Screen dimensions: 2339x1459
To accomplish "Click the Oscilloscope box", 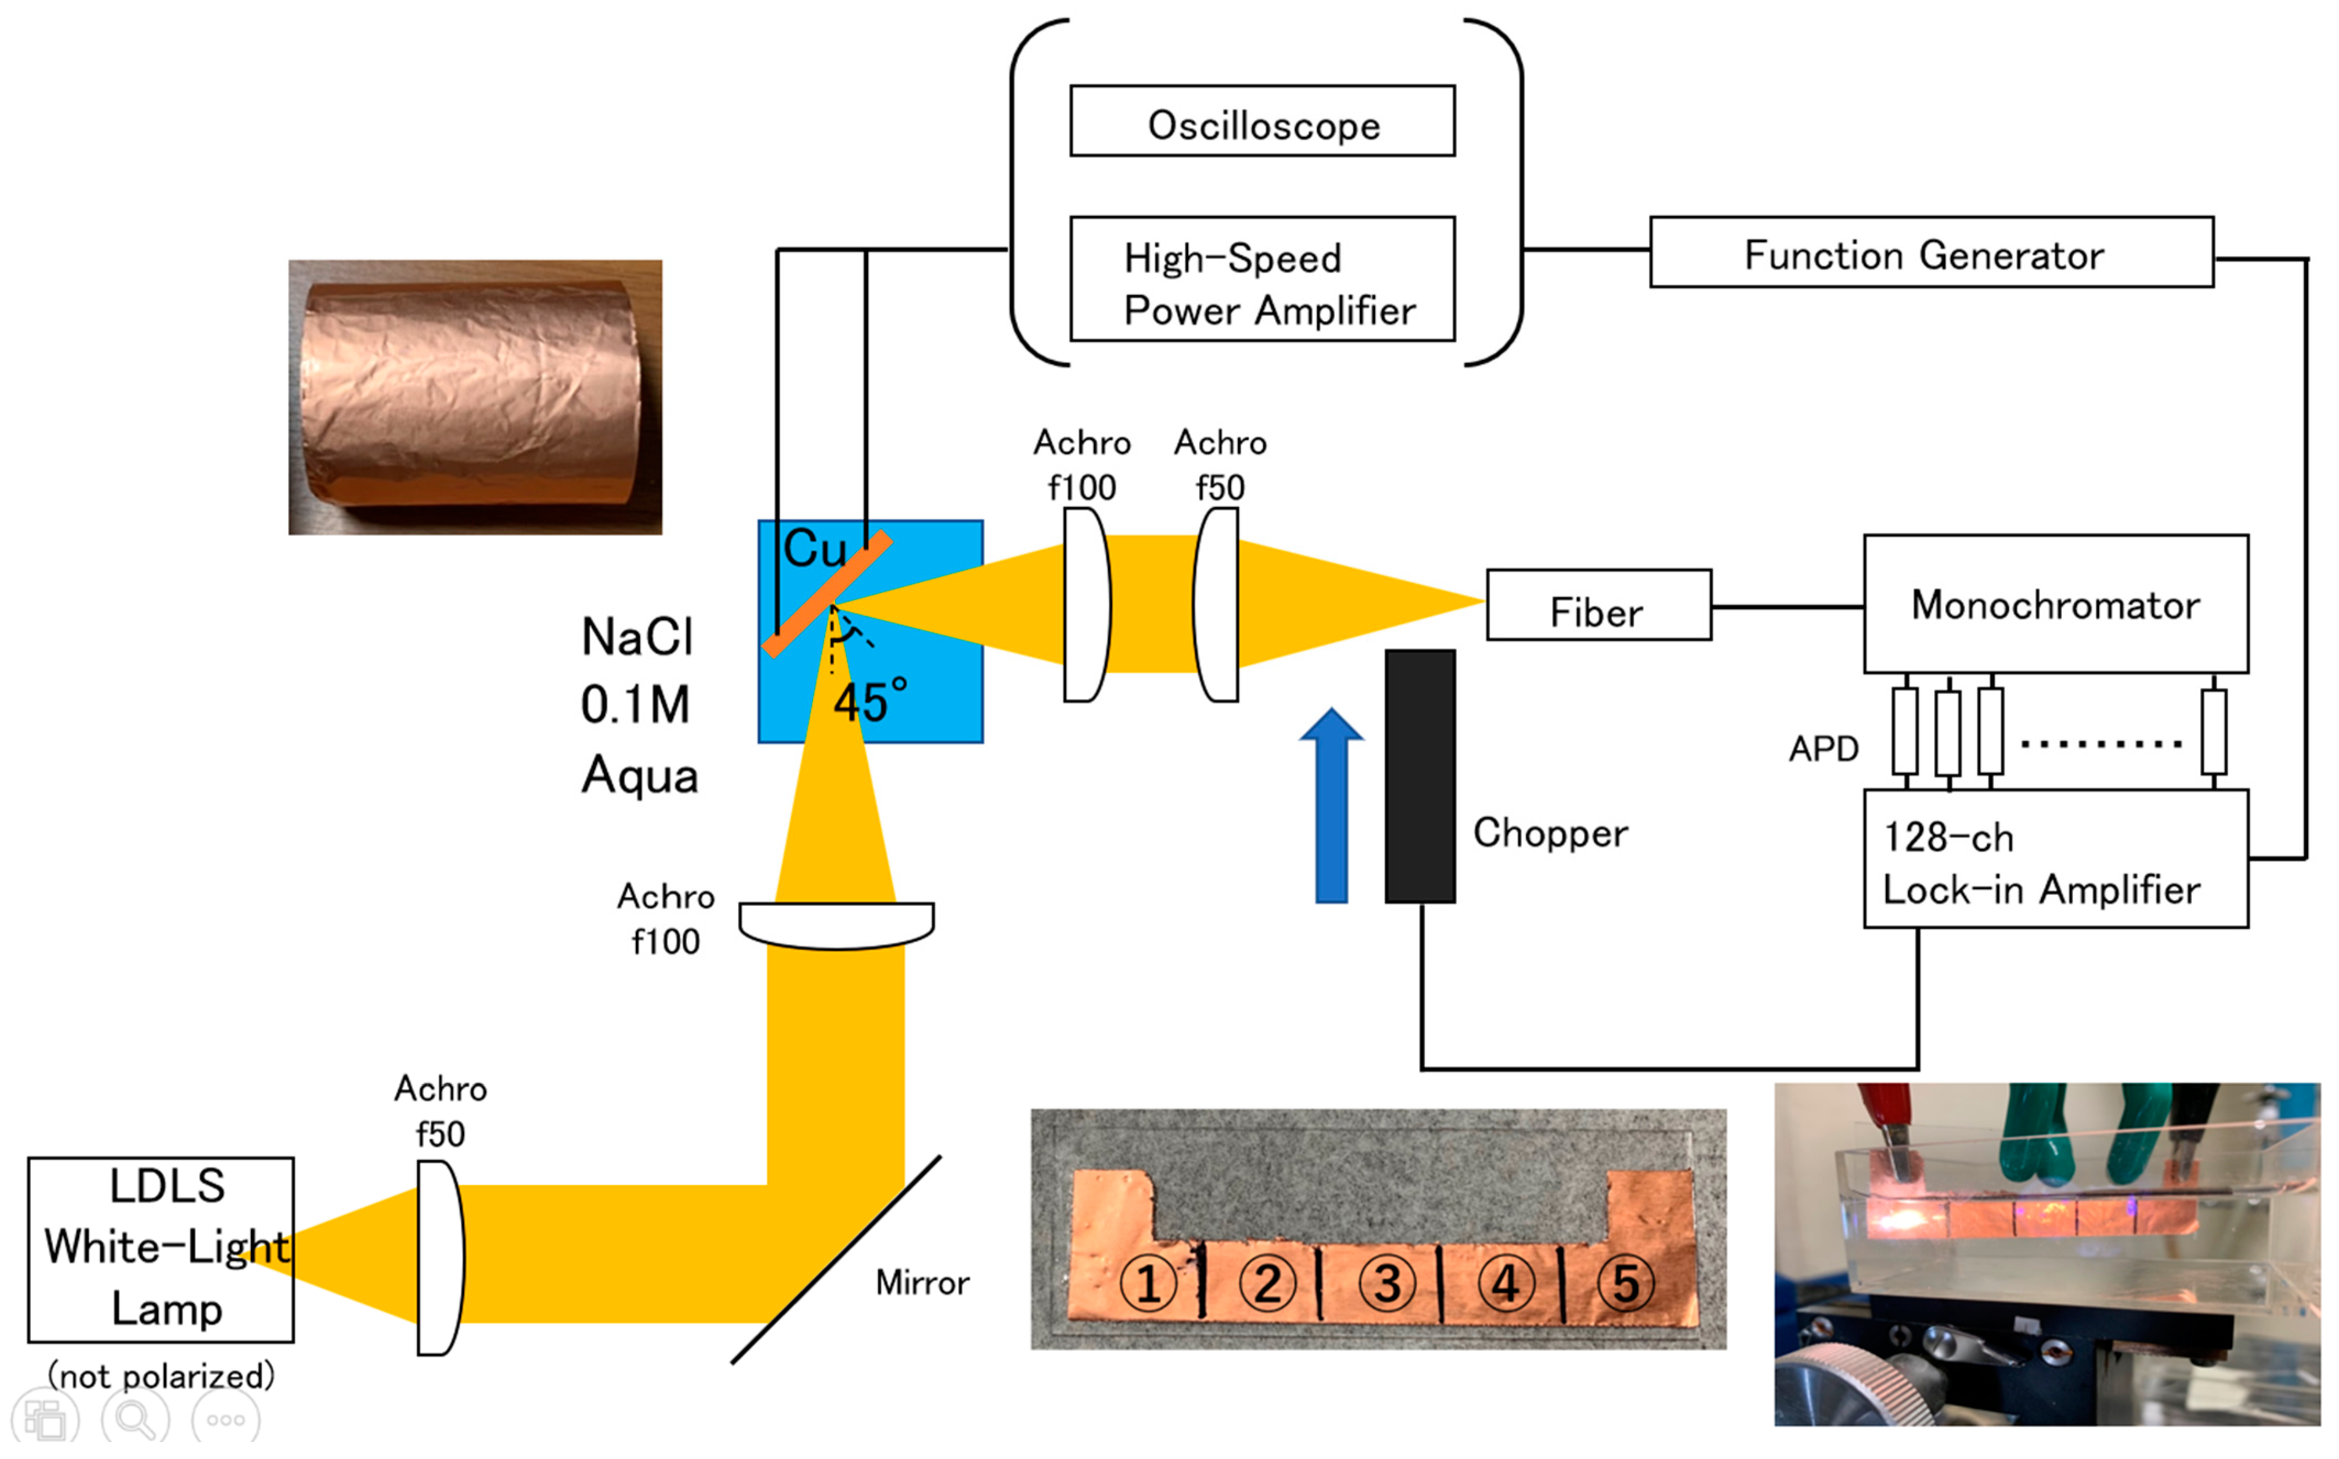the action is [x=1262, y=120].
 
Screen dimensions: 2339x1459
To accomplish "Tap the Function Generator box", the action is [x=1932, y=252].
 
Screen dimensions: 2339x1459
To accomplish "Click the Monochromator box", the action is [x=2056, y=604].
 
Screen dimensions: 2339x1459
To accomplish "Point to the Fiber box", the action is [x=1599, y=605].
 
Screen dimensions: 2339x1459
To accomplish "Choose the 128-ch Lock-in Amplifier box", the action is [x=2056, y=859].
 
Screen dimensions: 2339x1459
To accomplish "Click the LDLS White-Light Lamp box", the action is [x=161, y=1249].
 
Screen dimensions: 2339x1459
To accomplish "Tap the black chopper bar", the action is [x=1419, y=776].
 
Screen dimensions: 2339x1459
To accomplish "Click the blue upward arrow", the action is [x=1332, y=806].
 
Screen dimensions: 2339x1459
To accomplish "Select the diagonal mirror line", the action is [x=836, y=1259].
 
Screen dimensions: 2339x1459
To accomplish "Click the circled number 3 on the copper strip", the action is [x=1387, y=1284].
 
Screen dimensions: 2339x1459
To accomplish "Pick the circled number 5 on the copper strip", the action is [x=1626, y=1284].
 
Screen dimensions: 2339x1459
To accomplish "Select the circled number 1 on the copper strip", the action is [x=1147, y=1284].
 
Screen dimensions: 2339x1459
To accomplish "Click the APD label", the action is [x=1823, y=749].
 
